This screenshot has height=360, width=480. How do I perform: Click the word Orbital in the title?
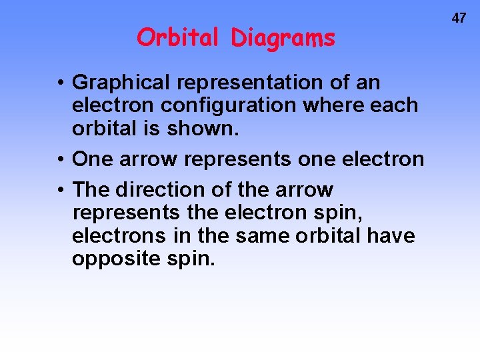(177, 38)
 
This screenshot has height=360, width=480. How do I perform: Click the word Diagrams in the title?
(283, 39)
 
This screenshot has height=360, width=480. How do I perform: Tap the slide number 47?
(459, 19)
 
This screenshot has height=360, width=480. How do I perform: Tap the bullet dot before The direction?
(60, 191)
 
